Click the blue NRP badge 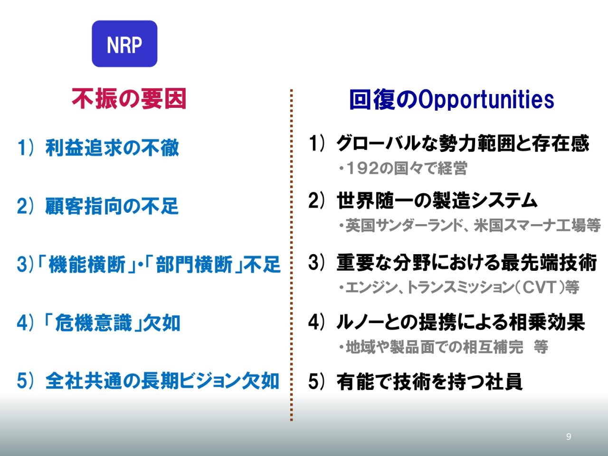pyautogui.click(x=124, y=44)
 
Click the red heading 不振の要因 pyautogui.click(x=129, y=99)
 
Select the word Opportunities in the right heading pyautogui.click(x=486, y=100)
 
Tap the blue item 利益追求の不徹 pyautogui.click(x=112, y=148)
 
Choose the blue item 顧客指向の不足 pyautogui.click(x=112, y=206)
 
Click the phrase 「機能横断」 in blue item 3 pyautogui.click(x=87, y=265)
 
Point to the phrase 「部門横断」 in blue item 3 pyautogui.click(x=194, y=265)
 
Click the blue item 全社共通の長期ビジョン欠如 pyautogui.click(x=162, y=381)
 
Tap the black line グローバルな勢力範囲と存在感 pyautogui.click(x=463, y=143)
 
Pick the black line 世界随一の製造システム pyautogui.click(x=437, y=200)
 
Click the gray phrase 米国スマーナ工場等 pyautogui.click(x=537, y=225)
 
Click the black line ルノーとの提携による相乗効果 pyautogui.click(x=461, y=322)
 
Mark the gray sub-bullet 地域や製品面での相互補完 pyautogui.click(x=435, y=347)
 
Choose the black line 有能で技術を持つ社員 pyautogui.click(x=429, y=381)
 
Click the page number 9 pyautogui.click(x=569, y=437)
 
